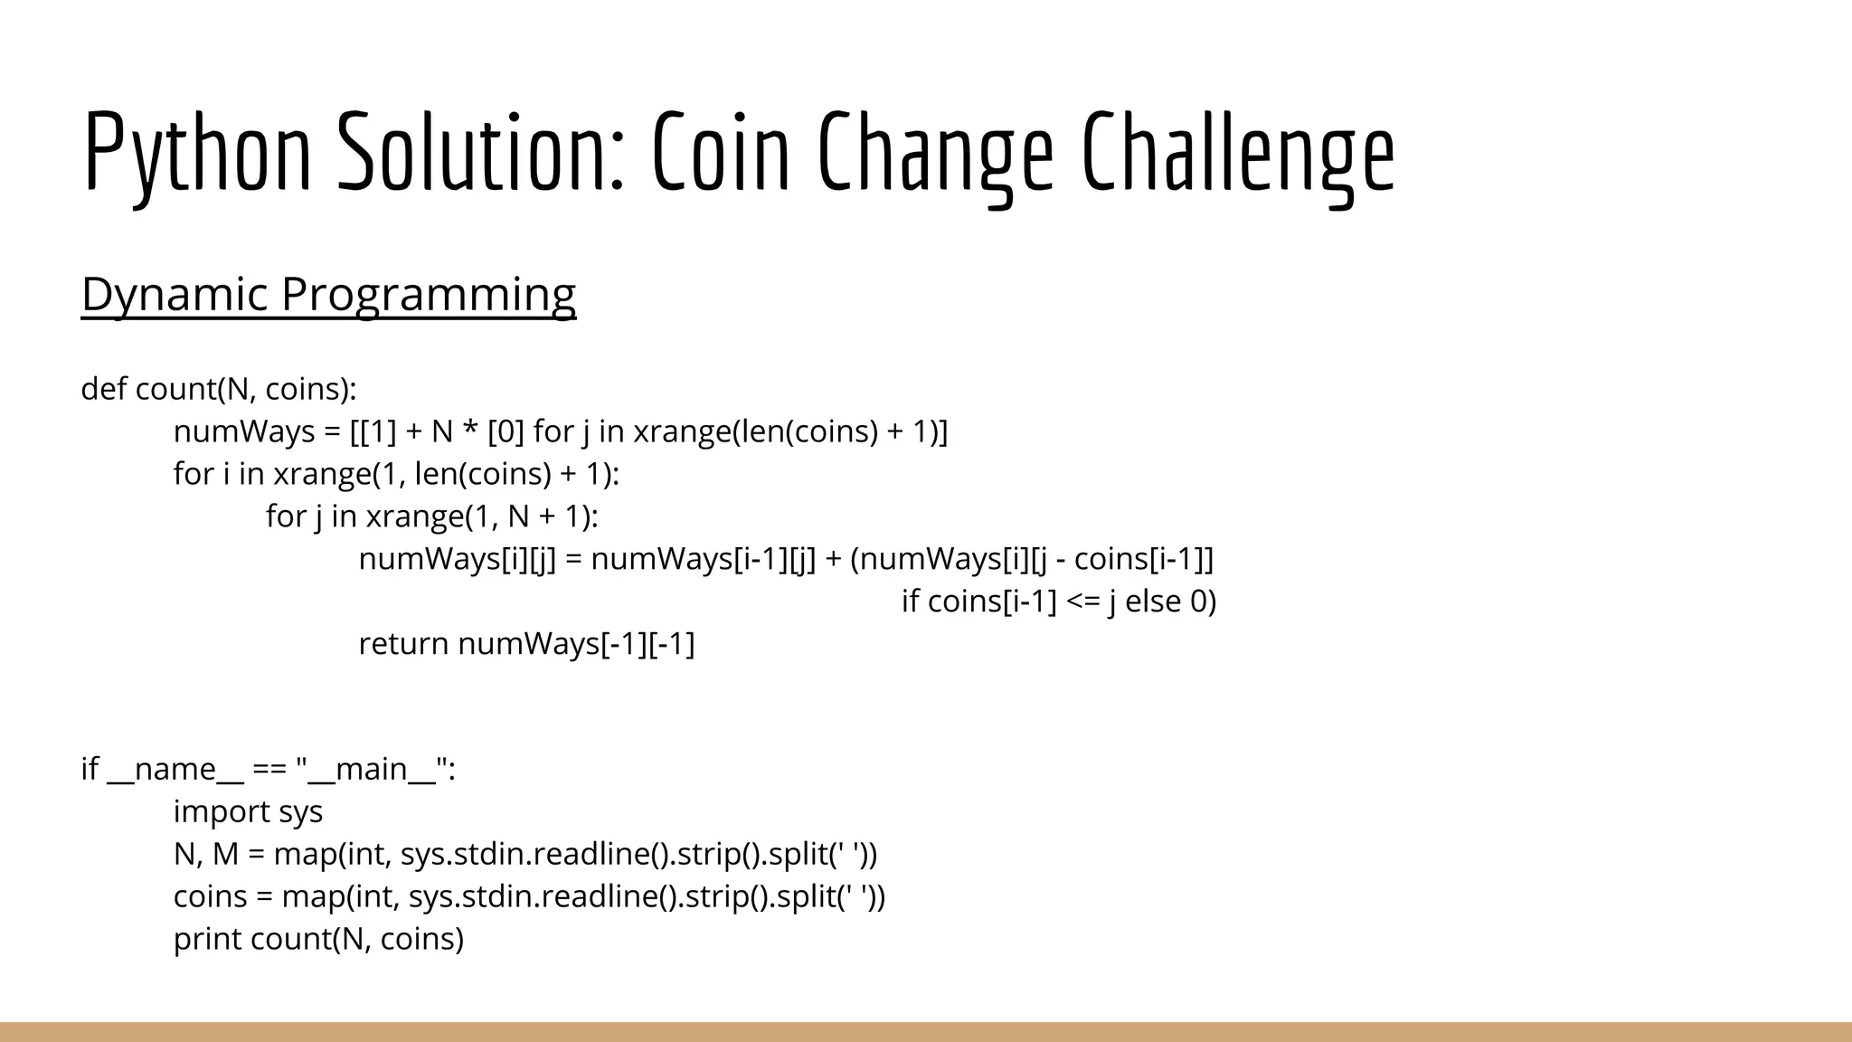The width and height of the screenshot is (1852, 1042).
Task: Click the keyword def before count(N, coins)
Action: [x=104, y=389]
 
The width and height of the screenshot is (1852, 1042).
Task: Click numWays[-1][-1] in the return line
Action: [x=576, y=644]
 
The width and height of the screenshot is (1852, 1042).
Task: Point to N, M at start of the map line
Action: [x=206, y=854]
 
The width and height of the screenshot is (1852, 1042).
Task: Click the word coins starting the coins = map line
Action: [x=210, y=896]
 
